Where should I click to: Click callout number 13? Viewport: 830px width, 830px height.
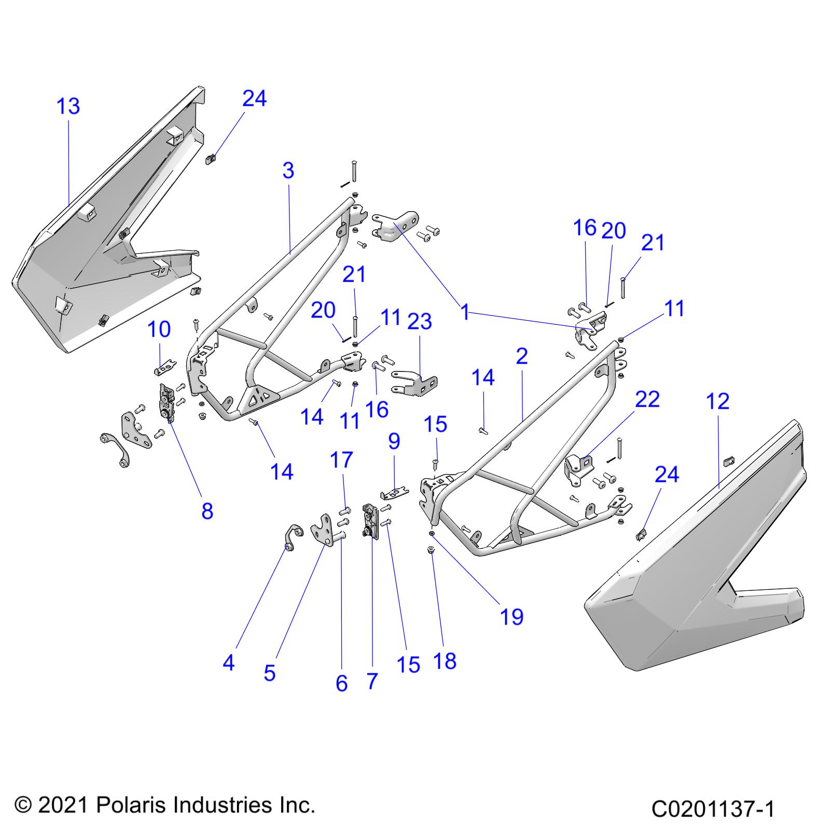click(68, 106)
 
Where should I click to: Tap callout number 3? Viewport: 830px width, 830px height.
click(288, 170)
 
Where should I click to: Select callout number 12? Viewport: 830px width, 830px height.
click(718, 401)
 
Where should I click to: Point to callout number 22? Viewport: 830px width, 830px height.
click(647, 399)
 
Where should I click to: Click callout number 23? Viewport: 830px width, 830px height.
click(420, 322)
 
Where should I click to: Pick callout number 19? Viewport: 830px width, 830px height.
click(511, 617)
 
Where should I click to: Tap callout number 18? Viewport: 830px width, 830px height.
click(445, 661)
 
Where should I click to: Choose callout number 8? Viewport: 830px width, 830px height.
click(207, 511)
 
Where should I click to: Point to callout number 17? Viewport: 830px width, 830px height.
click(342, 460)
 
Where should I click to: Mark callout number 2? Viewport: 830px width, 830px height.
click(522, 356)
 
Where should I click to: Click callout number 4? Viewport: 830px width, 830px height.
click(228, 662)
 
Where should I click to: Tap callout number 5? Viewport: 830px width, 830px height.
click(269, 673)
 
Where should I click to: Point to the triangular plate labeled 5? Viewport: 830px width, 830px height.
click(323, 529)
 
